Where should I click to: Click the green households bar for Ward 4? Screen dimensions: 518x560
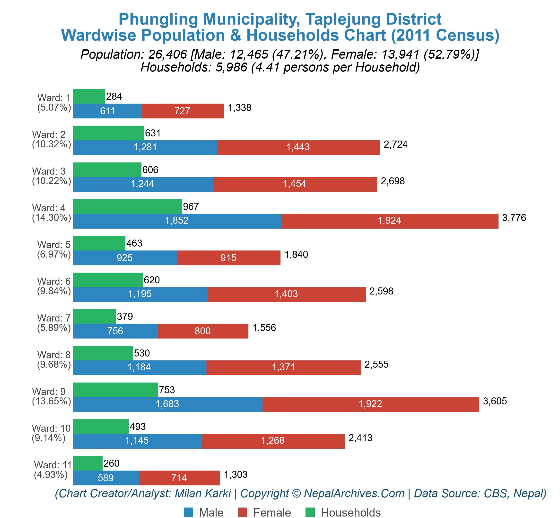127,206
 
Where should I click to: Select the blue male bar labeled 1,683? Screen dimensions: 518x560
167,404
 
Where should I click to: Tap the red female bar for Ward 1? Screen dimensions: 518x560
182,111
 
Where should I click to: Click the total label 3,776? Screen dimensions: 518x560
514,218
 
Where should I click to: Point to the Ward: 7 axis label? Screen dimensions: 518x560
54,318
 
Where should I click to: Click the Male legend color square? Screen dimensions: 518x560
188,512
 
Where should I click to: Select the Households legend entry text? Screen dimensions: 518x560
350,512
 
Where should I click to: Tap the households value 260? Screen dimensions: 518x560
112,463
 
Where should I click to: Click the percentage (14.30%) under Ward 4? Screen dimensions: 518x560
52,217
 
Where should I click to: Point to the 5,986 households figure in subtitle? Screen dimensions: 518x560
231,67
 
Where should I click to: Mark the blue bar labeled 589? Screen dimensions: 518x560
106,478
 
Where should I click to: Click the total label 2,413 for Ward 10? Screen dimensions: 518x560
360,438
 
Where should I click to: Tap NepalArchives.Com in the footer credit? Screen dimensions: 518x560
354,493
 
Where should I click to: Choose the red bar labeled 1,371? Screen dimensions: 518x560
283,367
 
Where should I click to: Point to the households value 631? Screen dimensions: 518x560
153,133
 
